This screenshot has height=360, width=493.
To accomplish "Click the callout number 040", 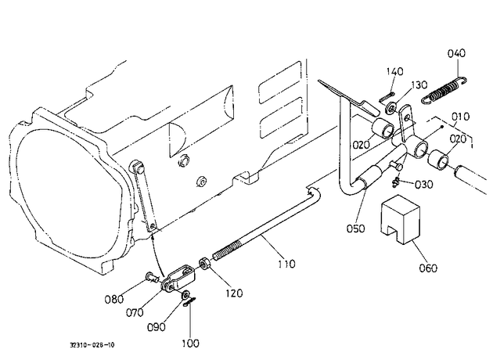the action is point(456,53).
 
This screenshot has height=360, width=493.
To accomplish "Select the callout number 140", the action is point(395,72).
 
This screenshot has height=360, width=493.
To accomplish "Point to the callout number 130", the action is point(419,85).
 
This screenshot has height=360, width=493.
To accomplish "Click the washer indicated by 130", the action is point(390,109).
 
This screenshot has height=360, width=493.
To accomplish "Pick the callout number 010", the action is point(461,117).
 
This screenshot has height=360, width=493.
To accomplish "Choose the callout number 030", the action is point(424,185).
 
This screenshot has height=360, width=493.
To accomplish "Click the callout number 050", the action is point(355,229).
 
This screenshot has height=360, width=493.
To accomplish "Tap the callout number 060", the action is point(428,268).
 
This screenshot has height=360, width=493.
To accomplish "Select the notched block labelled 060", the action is point(400,219).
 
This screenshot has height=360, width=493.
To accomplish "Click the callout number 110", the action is point(286,264).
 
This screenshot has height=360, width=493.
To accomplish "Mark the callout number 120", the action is point(234,293).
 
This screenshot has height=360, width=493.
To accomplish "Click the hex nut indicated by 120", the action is point(205,264).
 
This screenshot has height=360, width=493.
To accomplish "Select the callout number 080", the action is point(113,299).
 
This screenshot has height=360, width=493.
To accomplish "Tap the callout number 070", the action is point(135,312).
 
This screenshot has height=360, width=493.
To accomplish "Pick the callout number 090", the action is point(157,327).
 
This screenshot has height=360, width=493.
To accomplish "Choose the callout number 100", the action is point(190,344).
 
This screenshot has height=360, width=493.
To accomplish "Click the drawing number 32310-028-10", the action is point(92,345).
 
